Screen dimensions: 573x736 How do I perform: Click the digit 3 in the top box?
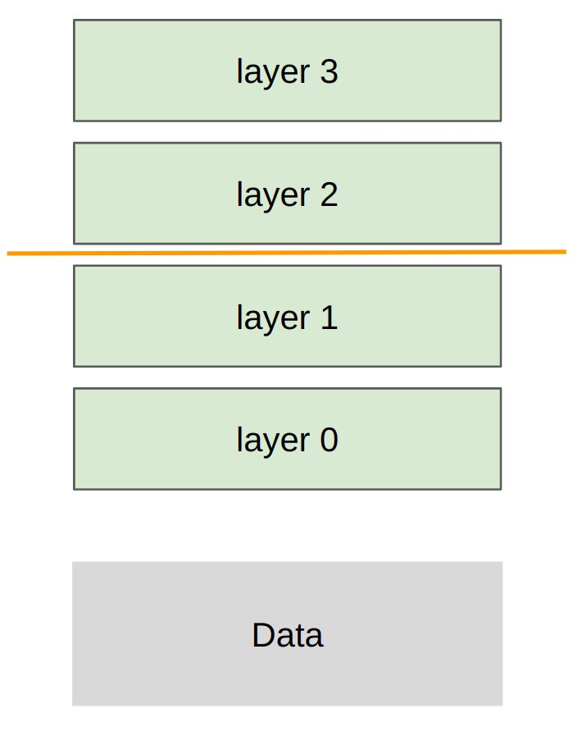tap(330, 71)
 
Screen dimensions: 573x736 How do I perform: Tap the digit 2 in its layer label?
tap(330, 194)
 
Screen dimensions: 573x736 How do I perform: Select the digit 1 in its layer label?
tap(330, 318)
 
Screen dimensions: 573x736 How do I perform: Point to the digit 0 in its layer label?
tap(330, 440)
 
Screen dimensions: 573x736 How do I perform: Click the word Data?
tap(288, 635)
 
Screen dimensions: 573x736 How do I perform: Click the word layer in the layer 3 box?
tap(273, 73)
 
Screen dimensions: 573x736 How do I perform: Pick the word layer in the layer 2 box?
tap(273, 196)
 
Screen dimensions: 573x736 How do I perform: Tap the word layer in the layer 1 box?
tap(273, 318)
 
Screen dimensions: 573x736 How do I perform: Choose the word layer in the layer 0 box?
tap(273, 441)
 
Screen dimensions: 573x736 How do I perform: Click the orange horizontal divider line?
tap(287, 253)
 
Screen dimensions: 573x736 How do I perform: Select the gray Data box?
tap(288, 633)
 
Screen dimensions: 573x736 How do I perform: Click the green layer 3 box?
tap(288, 71)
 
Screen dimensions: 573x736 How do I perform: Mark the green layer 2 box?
tap(288, 194)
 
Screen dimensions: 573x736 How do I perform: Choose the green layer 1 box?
tap(288, 317)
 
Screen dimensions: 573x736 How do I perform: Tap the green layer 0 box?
tap(288, 439)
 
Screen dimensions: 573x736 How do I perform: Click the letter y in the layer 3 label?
tap(268, 76)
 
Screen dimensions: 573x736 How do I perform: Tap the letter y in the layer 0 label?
tap(268, 445)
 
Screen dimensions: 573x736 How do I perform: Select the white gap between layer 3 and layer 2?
tap(288, 132)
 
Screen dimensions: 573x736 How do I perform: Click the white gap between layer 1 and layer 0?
tap(288, 377)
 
